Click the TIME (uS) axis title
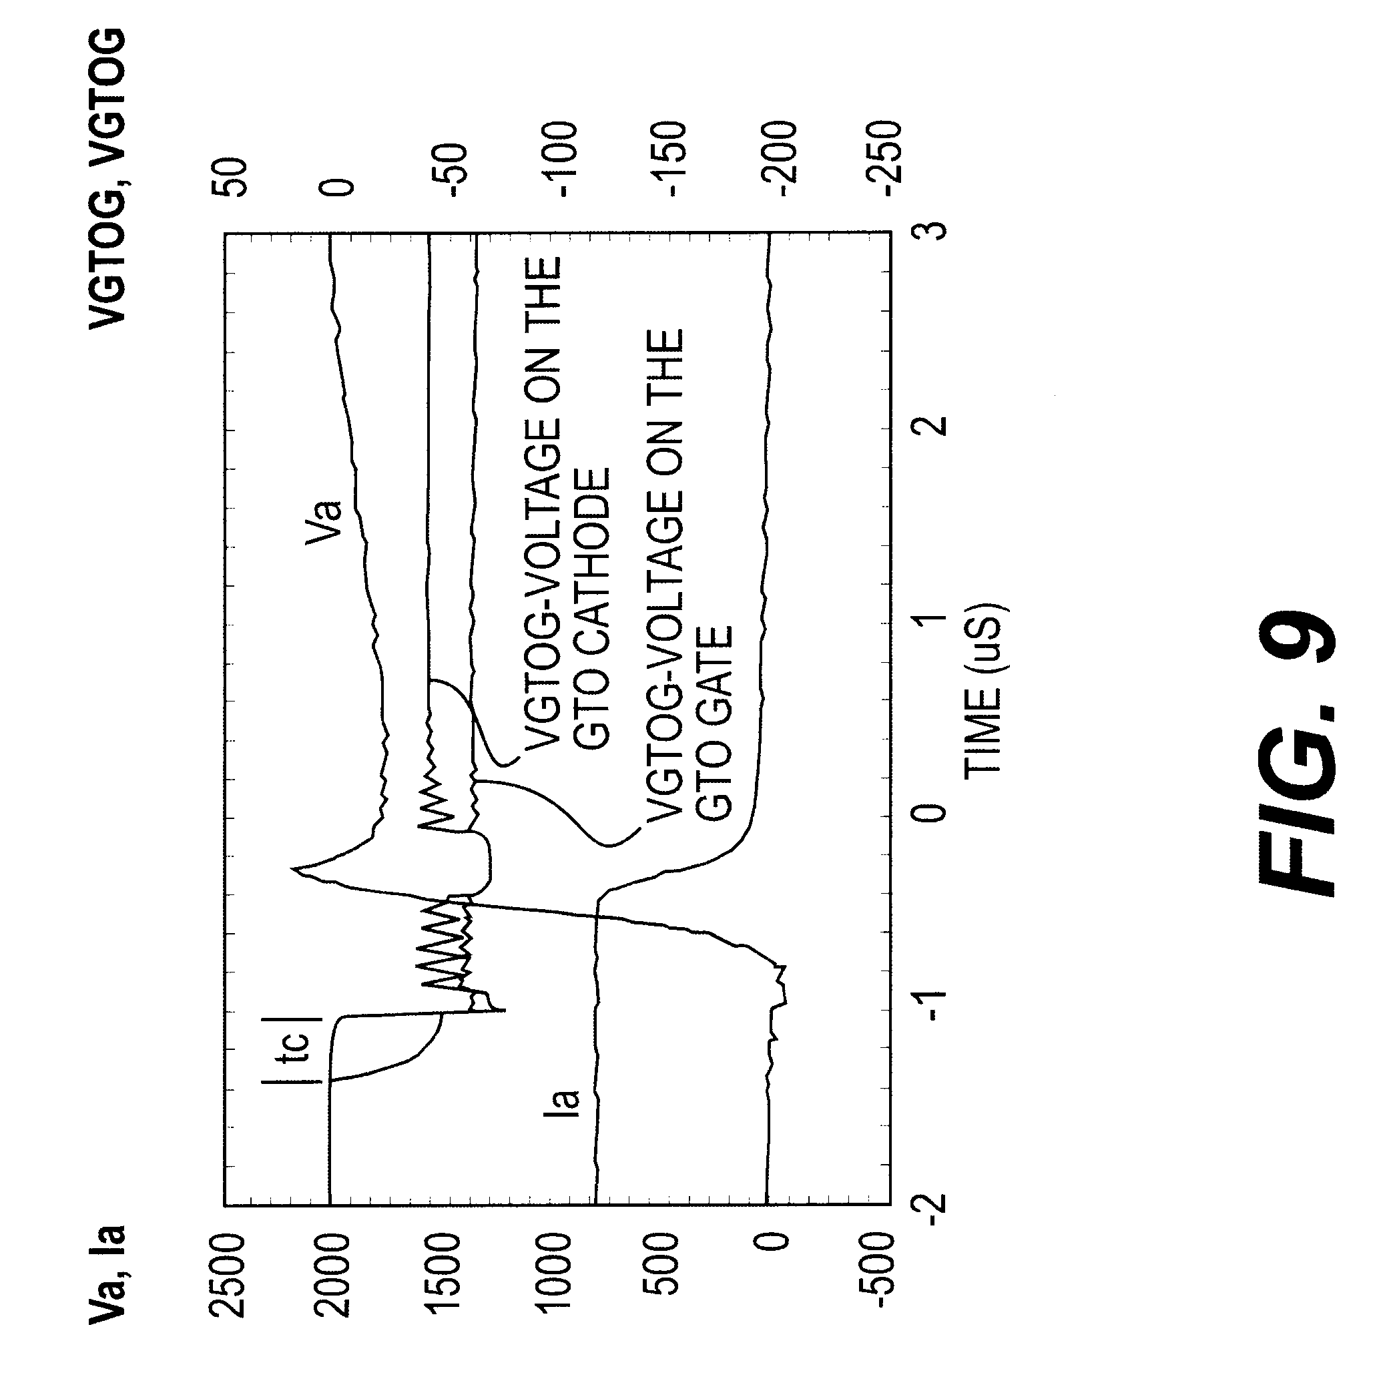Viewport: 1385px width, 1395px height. pos(985,689)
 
